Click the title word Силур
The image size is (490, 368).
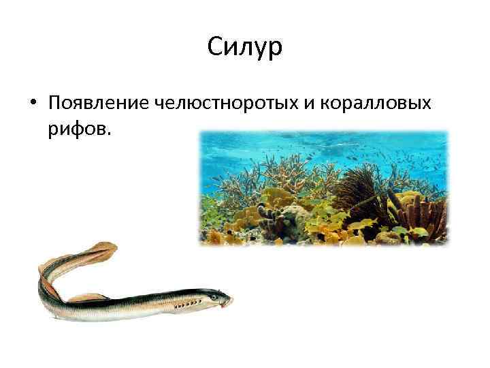pyautogui.click(x=244, y=48)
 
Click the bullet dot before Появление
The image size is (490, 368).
pyautogui.click(x=33, y=103)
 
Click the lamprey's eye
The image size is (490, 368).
pyautogui.click(x=214, y=297)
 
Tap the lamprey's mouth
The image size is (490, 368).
pyautogui.click(x=230, y=301)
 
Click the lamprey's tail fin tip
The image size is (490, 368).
pyautogui.click(x=109, y=246)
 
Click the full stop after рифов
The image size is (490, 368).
pyautogui.click(x=106, y=132)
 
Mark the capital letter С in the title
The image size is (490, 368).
pyautogui.click(x=214, y=48)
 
